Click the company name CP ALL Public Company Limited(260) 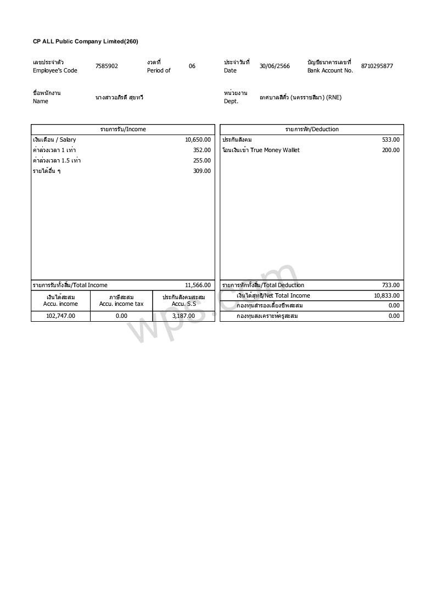point(85,42)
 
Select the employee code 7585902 point(107,66)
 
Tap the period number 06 point(192,66)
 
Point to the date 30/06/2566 point(275,66)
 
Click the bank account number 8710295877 point(377,66)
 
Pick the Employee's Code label point(55,71)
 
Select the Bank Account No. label point(330,71)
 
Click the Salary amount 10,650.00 point(198,140)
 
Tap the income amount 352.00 point(202,150)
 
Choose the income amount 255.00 point(202,161)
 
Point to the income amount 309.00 point(202,171)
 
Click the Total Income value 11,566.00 point(198,285)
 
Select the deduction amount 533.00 point(391,140)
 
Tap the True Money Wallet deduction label point(261,150)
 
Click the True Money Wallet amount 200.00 point(391,150)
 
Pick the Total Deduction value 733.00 point(391,285)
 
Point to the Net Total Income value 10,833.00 point(387,296)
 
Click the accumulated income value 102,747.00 point(60,316)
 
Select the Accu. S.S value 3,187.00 point(183,316)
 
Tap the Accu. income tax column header point(121,304)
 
